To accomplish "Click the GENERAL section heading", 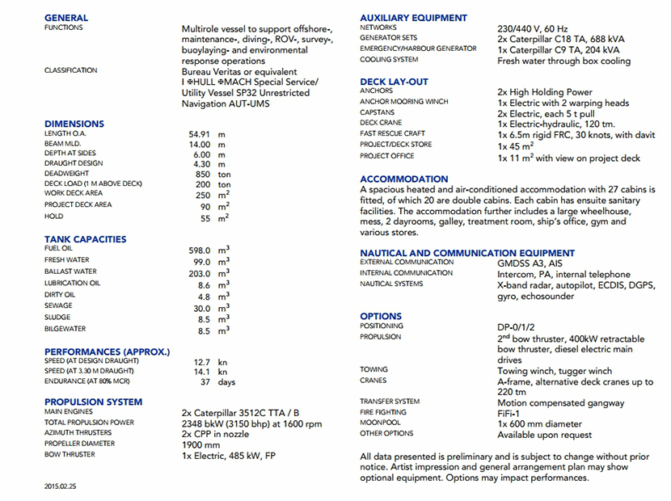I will click(66, 17).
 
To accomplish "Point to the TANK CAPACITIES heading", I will click(85, 238).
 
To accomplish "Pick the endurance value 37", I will click(205, 381).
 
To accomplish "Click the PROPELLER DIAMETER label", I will click(80, 444).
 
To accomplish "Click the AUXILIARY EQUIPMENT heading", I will click(413, 17).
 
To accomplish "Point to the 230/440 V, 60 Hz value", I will click(539, 28).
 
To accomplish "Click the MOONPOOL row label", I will click(380, 423).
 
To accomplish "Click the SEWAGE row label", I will click(58, 306).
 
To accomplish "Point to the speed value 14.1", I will click(202, 372).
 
